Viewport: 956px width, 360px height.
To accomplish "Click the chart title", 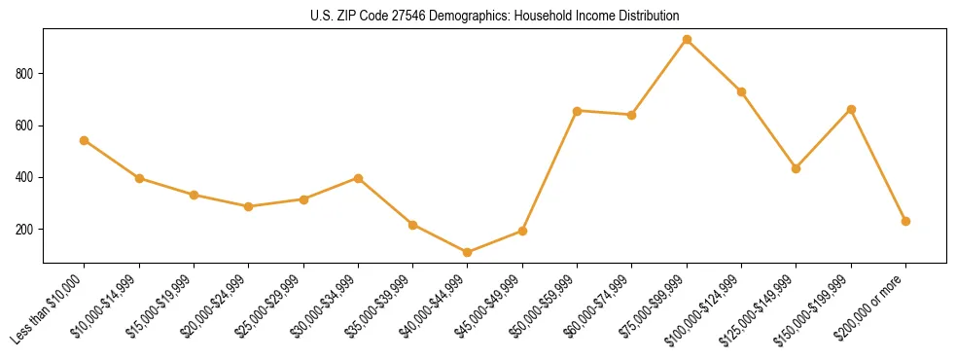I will click(x=495, y=17).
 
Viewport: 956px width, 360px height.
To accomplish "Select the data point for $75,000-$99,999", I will click(x=687, y=40).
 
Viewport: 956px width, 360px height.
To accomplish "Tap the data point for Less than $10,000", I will click(x=85, y=140).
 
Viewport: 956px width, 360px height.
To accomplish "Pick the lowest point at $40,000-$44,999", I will click(x=468, y=253).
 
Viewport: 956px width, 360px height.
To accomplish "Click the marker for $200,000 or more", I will click(x=905, y=221).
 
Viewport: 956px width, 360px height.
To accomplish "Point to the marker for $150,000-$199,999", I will click(x=851, y=110).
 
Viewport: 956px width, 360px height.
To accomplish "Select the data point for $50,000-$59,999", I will click(x=578, y=111).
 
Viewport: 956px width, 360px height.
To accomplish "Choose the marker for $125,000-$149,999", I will click(x=797, y=168).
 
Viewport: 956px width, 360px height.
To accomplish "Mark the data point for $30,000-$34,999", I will click(x=359, y=178).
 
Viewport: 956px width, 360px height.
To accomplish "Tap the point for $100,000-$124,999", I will click(x=741, y=91).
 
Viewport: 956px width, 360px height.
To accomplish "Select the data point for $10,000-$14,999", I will click(x=139, y=178).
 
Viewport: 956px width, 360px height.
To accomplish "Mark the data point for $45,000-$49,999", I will click(x=522, y=231).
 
